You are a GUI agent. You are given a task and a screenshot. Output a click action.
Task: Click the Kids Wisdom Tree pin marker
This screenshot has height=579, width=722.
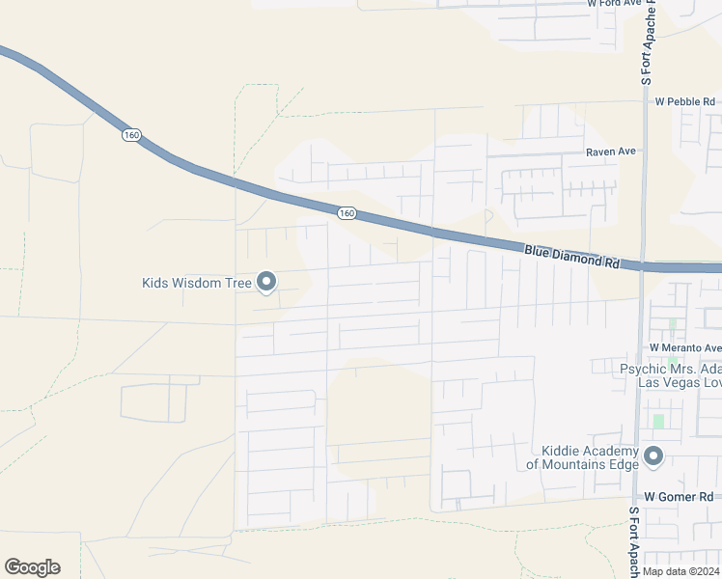click(267, 282)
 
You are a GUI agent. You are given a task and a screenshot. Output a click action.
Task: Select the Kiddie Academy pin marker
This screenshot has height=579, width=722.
click(653, 456)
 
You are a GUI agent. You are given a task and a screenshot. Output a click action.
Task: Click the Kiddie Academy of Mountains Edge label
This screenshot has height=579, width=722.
click(582, 458)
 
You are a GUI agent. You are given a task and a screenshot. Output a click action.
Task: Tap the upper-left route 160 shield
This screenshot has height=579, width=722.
click(131, 135)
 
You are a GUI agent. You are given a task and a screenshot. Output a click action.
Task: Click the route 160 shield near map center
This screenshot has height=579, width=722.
click(347, 212)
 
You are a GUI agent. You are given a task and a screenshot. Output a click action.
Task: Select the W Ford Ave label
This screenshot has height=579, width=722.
click(615, 4)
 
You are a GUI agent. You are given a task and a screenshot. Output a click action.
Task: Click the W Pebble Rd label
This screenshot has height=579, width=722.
click(684, 101)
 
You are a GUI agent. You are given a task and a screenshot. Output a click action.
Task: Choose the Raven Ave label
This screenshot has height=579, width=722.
click(611, 152)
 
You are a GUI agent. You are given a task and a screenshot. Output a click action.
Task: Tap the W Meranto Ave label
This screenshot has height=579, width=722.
click(684, 347)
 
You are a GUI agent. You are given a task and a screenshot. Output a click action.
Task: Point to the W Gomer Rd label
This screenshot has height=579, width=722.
click(677, 496)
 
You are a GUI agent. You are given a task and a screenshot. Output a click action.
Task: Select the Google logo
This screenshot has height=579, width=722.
click(32, 567)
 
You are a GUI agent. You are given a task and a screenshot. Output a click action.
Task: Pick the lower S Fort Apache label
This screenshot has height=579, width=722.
click(634, 540)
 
